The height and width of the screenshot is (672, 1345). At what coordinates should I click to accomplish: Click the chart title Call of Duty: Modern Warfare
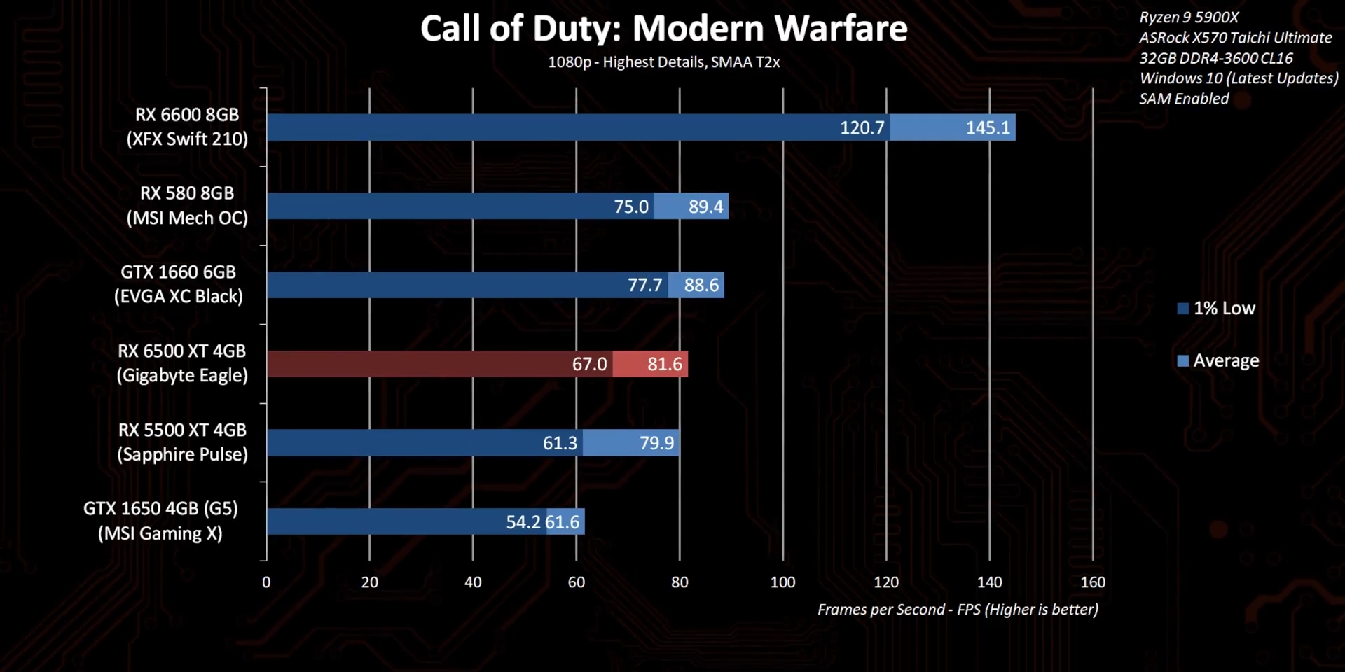click(x=663, y=29)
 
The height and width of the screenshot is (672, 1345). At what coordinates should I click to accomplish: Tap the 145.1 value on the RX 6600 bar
click(x=988, y=127)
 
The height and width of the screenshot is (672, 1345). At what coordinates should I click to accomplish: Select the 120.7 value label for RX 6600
click(x=862, y=127)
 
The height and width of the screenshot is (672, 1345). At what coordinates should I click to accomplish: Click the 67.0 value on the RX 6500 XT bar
click(x=589, y=364)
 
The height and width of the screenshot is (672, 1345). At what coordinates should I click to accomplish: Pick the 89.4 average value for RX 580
click(x=705, y=206)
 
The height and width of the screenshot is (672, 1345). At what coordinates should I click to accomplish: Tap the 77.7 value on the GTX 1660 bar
click(x=644, y=285)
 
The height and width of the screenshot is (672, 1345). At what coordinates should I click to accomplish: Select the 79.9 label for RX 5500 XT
click(x=656, y=443)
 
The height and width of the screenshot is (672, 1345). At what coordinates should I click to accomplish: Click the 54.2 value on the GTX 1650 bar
click(x=523, y=522)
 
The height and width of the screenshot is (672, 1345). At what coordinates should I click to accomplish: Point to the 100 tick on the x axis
click(x=782, y=582)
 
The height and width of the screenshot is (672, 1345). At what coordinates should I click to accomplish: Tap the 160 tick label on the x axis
click(x=1093, y=582)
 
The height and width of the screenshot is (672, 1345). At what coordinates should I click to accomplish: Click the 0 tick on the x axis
click(x=266, y=582)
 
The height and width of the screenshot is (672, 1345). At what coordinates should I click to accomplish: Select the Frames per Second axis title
click(x=958, y=610)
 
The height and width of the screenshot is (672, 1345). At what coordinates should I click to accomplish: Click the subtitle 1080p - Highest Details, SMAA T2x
click(x=663, y=62)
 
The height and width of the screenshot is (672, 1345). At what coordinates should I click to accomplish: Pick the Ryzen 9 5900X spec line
click(x=1189, y=17)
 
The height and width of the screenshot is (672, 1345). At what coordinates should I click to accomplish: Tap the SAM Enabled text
click(x=1184, y=99)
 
